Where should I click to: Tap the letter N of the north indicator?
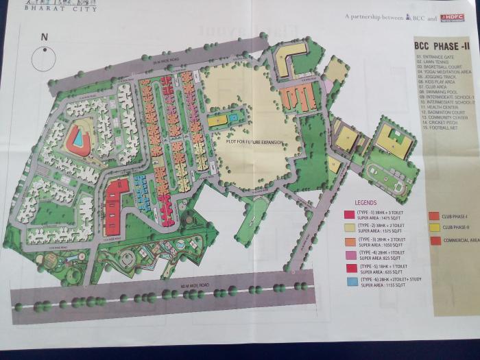click(45, 37)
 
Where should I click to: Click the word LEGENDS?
click(365, 203)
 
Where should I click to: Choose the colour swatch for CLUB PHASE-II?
click(433, 227)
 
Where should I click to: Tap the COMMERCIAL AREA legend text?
click(461, 241)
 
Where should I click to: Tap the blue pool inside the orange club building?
click(78, 139)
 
